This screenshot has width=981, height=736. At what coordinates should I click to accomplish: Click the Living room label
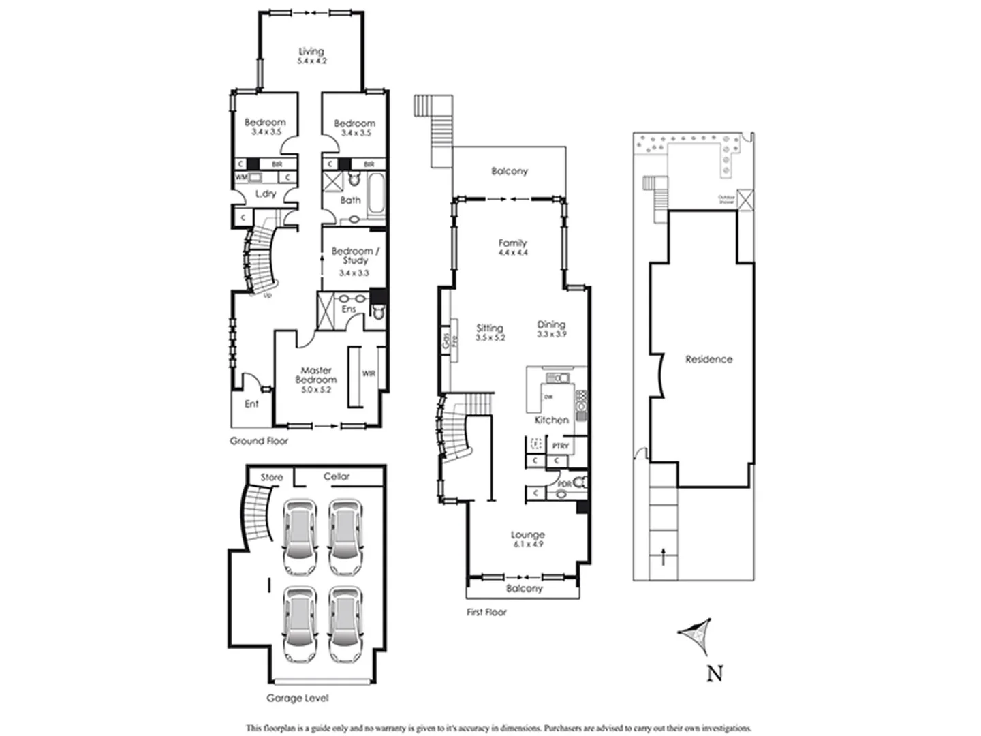[311, 52]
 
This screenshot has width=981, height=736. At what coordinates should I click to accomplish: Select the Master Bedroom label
[316, 375]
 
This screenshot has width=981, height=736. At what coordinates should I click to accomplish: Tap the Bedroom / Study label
[355, 256]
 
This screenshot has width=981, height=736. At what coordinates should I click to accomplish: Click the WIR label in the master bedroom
[369, 373]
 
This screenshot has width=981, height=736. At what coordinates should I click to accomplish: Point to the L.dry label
[266, 194]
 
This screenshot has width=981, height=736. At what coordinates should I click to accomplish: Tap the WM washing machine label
[240, 177]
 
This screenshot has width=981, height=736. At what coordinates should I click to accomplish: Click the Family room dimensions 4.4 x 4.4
[512, 253]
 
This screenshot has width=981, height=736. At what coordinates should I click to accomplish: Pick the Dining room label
[551, 325]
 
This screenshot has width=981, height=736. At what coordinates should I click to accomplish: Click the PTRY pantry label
[560, 446]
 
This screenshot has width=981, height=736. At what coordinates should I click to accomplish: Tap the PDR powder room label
[564, 484]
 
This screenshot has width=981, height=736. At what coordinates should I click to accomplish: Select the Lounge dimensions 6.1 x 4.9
[527, 545]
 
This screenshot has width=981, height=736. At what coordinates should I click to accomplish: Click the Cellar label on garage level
[336, 476]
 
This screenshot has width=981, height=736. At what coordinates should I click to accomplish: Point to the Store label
[271, 477]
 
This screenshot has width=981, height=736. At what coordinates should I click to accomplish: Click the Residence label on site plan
[708, 359]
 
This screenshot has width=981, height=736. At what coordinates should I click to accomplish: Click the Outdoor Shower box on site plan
[746, 200]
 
